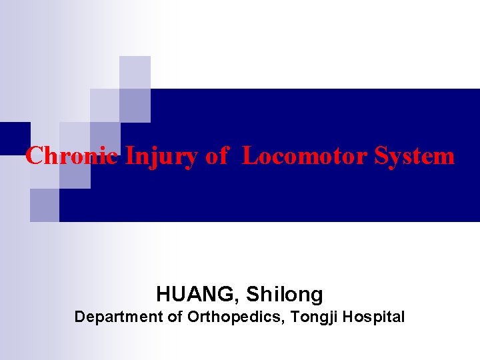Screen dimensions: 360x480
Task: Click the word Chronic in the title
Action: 72,156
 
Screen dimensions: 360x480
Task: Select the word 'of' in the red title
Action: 217,156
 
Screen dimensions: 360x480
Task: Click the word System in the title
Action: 415,156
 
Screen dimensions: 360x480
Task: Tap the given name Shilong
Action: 285,294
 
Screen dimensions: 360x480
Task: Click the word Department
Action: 118,317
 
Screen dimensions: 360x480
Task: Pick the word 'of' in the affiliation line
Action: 175,317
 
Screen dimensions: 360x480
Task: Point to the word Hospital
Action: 377,317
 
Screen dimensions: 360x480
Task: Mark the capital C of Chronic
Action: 34,156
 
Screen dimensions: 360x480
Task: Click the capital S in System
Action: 381,156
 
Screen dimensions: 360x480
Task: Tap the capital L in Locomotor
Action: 249,156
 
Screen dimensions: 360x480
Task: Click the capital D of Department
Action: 80,317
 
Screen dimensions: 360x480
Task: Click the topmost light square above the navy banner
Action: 135,72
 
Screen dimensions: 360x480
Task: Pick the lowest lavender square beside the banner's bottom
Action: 45,205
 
